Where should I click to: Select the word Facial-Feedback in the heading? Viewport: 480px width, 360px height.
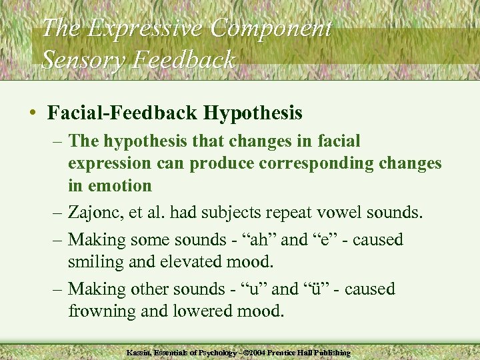pos(123,112)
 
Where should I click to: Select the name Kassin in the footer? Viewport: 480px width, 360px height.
pos(138,352)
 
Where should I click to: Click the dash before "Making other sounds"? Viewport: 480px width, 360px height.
pos(57,289)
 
